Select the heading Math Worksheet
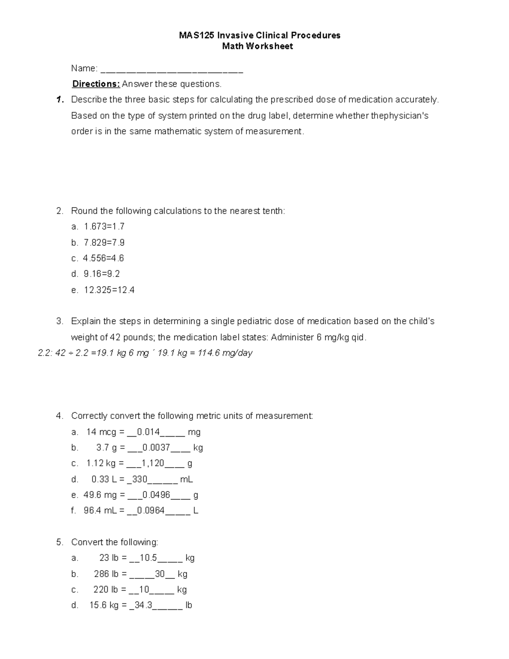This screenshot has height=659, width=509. tap(257, 46)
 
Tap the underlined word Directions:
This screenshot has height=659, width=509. tap(96, 84)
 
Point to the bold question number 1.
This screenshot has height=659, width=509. tap(60, 100)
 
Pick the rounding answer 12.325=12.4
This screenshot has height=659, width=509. tap(109, 290)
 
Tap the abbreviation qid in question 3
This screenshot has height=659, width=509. tap(358, 337)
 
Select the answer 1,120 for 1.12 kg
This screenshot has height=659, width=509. tap(153, 463)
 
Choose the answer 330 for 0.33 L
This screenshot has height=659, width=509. tap(140, 480)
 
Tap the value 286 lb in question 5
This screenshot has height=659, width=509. tap(106, 574)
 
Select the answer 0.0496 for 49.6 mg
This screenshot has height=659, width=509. tap(156, 495)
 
